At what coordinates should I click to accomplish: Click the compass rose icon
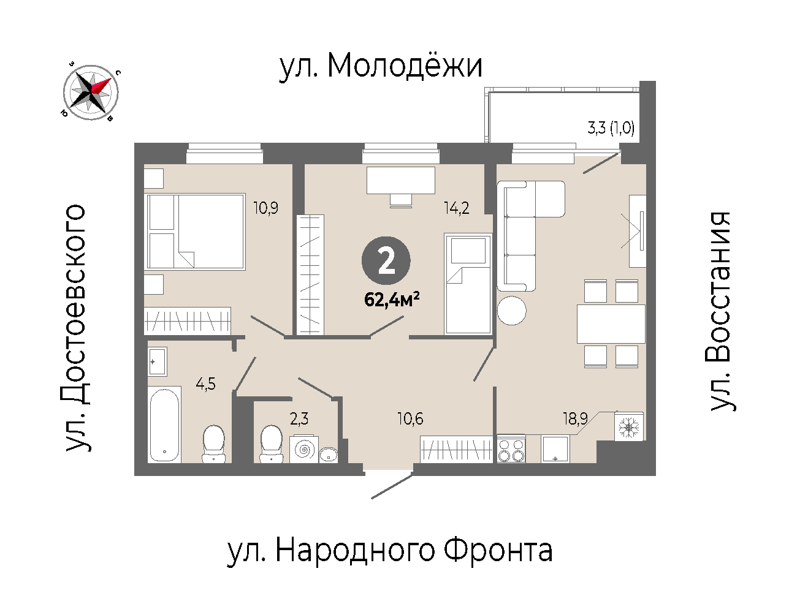[x=91, y=92]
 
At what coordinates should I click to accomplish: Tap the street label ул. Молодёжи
[x=381, y=67]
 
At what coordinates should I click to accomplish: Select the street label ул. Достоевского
[x=75, y=328]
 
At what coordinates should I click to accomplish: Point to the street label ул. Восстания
[x=720, y=311]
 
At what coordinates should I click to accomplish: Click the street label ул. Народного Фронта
[x=390, y=551]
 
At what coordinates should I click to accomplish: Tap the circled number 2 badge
[x=386, y=260]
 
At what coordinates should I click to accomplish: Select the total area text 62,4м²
[x=392, y=300]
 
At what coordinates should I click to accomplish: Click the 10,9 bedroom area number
[x=266, y=208]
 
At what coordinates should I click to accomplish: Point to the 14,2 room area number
[x=456, y=208]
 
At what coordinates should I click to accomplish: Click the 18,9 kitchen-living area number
[x=575, y=419]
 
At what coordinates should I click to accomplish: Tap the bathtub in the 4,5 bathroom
[x=164, y=425]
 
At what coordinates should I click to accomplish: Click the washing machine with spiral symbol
[x=304, y=450]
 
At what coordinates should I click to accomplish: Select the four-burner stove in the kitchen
[x=511, y=449]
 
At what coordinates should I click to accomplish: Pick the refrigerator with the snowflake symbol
[x=628, y=426]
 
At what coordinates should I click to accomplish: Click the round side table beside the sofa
[x=511, y=311]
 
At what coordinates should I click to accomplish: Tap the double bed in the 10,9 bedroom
[x=194, y=232]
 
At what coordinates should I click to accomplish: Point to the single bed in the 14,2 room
[x=468, y=284]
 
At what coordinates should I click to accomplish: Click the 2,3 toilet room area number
[x=299, y=419]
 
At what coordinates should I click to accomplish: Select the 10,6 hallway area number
[x=410, y=419]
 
